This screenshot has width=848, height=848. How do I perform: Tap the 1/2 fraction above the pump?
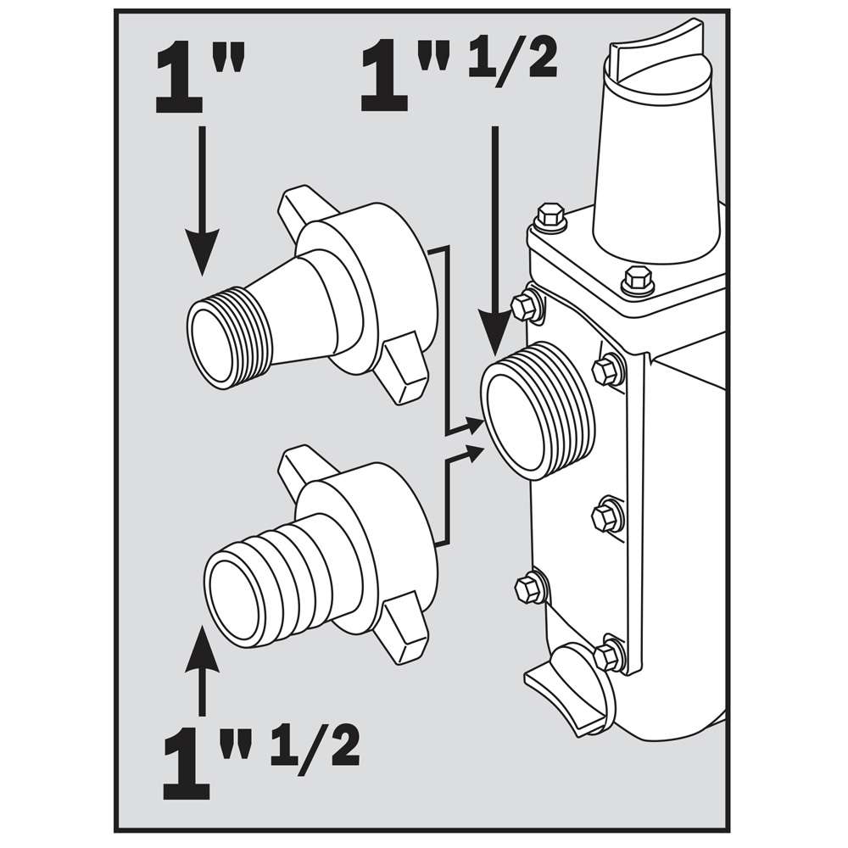(x=512, y=63)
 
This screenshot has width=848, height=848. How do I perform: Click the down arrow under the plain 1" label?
(x=203, y=201)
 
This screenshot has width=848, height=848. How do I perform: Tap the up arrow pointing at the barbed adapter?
(x=203, y=671)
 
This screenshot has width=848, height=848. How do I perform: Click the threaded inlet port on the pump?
(x=538, y=412)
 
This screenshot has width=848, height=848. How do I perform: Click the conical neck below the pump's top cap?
(x=658, y=178)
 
